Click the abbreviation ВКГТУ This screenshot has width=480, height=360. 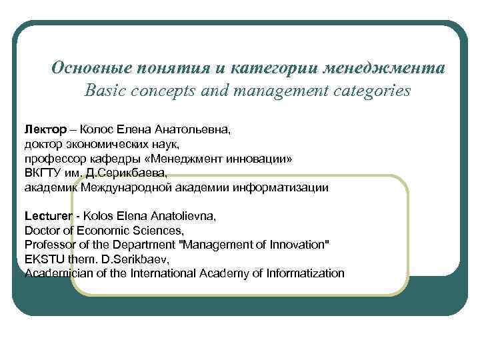pos(42,173)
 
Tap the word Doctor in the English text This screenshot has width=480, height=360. pos(42,231)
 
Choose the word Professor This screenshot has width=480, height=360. pos(49,245)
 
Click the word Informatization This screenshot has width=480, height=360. pos(305,273)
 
